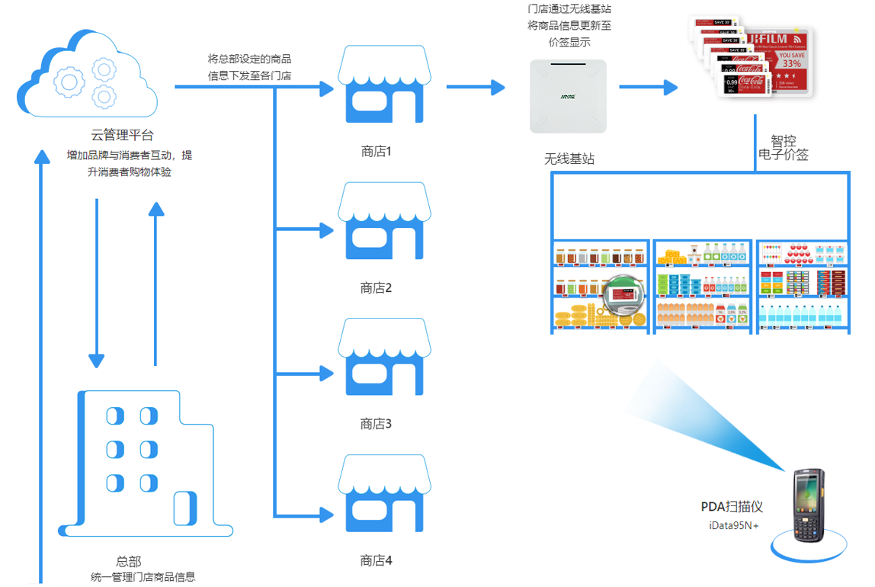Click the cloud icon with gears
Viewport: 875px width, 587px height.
(87, 74)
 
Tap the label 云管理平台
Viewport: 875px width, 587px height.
(123, 136)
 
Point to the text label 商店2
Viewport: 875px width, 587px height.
(376, 288)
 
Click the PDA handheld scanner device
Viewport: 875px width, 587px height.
(809, 504)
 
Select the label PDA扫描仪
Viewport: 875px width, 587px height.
(732, 507)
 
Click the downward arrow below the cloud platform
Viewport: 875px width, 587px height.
(96, 282)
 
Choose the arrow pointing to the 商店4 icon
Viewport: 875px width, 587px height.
(305, 515)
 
